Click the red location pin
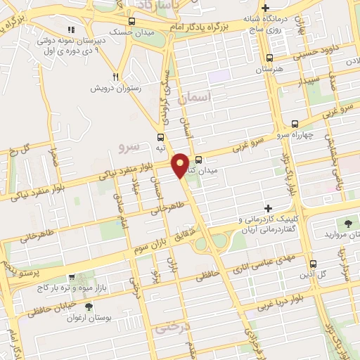tap(181, 164)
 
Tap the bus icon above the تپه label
tap(162, 138)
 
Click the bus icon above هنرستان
tap(271, 59)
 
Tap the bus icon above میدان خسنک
tap(131, 22)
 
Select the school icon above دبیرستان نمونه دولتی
tap(70, 30)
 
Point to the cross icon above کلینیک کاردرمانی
tap(267, 208)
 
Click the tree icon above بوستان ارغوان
tap(88, 307)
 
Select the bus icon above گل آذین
tap(314, 263)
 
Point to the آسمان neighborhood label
tap(195, 101)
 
